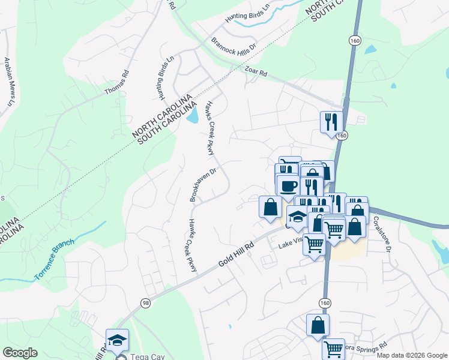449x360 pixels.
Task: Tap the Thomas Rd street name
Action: [x=116, y=83]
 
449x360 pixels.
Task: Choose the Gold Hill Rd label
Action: [x=238, y=252]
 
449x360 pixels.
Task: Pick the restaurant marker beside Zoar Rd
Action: [x=331, y=122]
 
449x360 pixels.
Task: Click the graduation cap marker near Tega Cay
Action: [x=118, y=340]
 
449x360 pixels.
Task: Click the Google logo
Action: [x=20, y=353]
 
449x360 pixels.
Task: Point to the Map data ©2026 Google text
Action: [x=411, y=355]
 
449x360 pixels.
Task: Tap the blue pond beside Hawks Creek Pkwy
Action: [x=193, y=115]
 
